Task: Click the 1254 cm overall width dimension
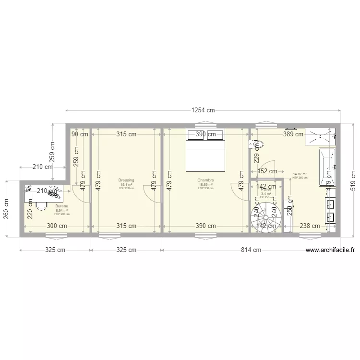(203, 110)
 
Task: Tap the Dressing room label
(127, 180)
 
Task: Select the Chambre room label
(205, 180)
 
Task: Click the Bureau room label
(62, 206)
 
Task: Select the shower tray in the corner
(320, 135)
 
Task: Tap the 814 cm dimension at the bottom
(251, 250)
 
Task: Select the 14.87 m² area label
(300, 174)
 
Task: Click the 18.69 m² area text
(205, 184)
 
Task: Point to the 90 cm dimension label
(80, 134)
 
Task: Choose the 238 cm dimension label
(310, 226)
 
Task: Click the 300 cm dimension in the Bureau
(57, 226)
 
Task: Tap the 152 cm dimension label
(267, 171)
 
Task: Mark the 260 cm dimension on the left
(6, 209)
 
